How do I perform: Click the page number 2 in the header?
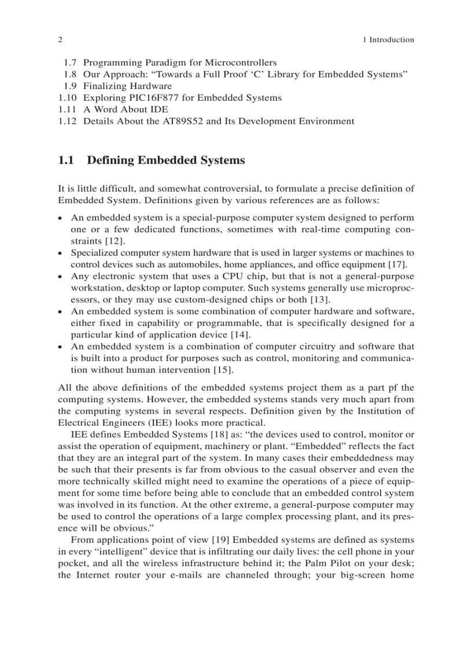click(60, 40)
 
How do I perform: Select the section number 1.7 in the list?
click(69, 63)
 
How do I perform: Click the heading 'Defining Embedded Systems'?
click(165, 160)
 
